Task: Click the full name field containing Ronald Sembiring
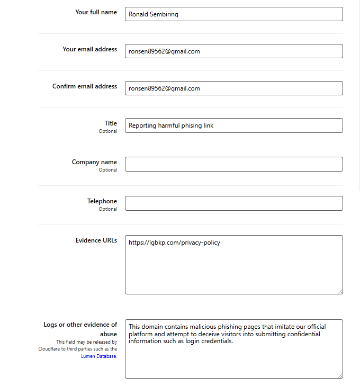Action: tap(233, 14)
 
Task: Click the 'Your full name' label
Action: tap(96, 12)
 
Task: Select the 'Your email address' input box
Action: tap(233, 51)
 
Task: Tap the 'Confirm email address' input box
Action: tap(233, 88)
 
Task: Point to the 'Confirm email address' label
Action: tap(85, 86)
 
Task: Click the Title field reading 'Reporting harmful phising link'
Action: tap(233, 125)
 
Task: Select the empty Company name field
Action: tap(233, 164)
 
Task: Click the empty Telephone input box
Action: tap(233, 203)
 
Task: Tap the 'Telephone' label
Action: tap(102, 201)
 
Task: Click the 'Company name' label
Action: tap(94, 162)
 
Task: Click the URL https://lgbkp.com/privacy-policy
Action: tap(174, 243)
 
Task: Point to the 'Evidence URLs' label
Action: tap(96, 240)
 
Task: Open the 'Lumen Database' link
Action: tap(98, 356)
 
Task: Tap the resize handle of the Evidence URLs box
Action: tap(340, 291)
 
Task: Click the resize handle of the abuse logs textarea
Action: tap(340, 375)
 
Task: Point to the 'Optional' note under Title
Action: tap(107, 131)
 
